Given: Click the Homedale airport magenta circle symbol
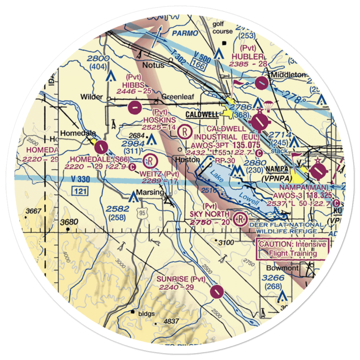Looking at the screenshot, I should (x=100, y=147).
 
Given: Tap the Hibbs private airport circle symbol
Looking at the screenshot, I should (x=134, y=107).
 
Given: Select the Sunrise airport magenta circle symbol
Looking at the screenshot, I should (x=217, y=292).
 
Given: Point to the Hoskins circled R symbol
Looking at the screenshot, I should (x=184, y=131).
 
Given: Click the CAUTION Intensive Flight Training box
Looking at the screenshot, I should (x=292, y=249).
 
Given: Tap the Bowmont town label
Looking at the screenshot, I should (x=283, y=268).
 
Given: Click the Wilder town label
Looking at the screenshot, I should (x=92, y=97).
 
